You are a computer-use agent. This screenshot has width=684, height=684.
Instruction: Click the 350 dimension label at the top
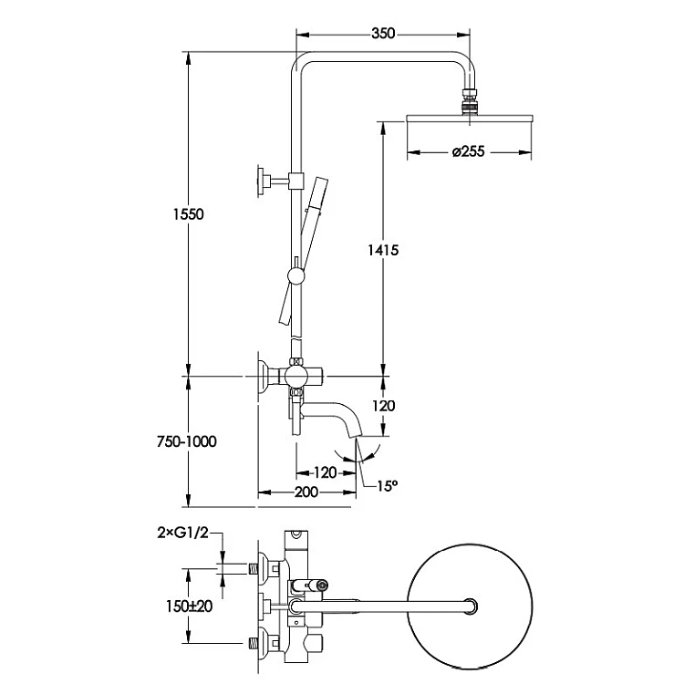(383, 34)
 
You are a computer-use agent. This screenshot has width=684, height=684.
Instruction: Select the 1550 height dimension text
(189, 214)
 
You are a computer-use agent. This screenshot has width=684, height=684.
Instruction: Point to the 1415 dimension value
(383, 250)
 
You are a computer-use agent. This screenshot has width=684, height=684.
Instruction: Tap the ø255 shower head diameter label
(468, 151)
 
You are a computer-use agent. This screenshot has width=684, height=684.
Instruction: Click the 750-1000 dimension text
(187, 441)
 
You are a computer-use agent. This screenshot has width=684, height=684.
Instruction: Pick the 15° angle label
(388, 485)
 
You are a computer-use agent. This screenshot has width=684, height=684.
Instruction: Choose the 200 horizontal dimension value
(306, 492)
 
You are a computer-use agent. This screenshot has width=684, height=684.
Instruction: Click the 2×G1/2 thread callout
(183, 533)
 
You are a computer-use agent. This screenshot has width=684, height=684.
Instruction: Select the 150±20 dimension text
(190, 606)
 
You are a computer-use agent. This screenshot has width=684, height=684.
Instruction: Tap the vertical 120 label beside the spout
(383, 406)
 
